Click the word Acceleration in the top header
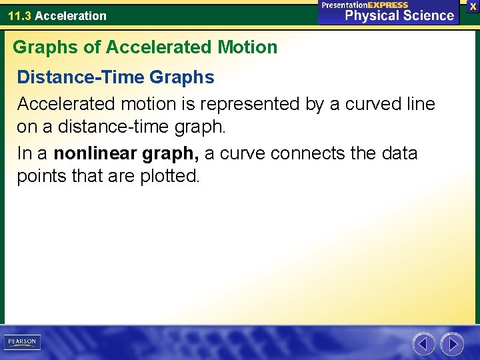70,15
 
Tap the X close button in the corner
473,6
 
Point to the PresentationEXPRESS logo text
365,5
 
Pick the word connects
303,153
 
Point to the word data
400,153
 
